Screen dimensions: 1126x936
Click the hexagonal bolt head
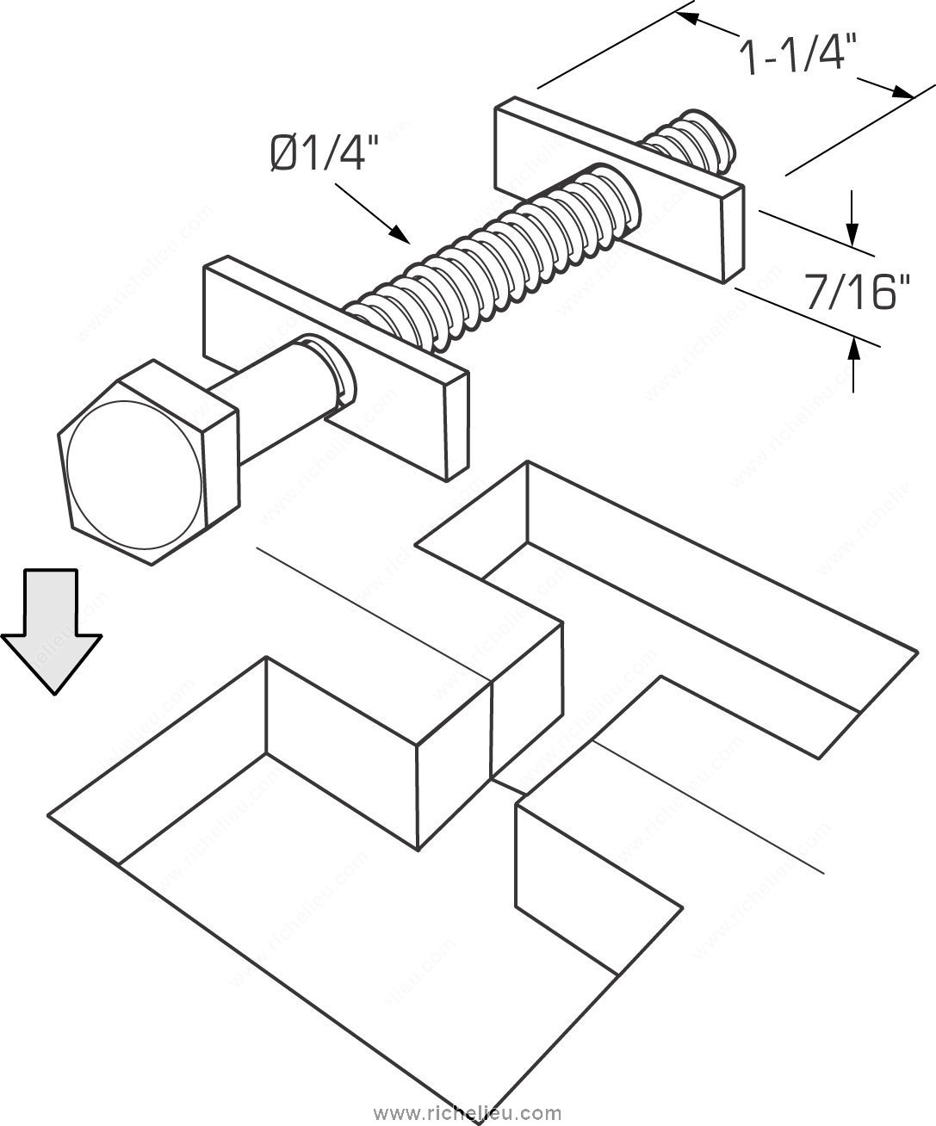[x=146, y=465]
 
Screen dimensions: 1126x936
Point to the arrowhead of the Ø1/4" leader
[x=399, y=233]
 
